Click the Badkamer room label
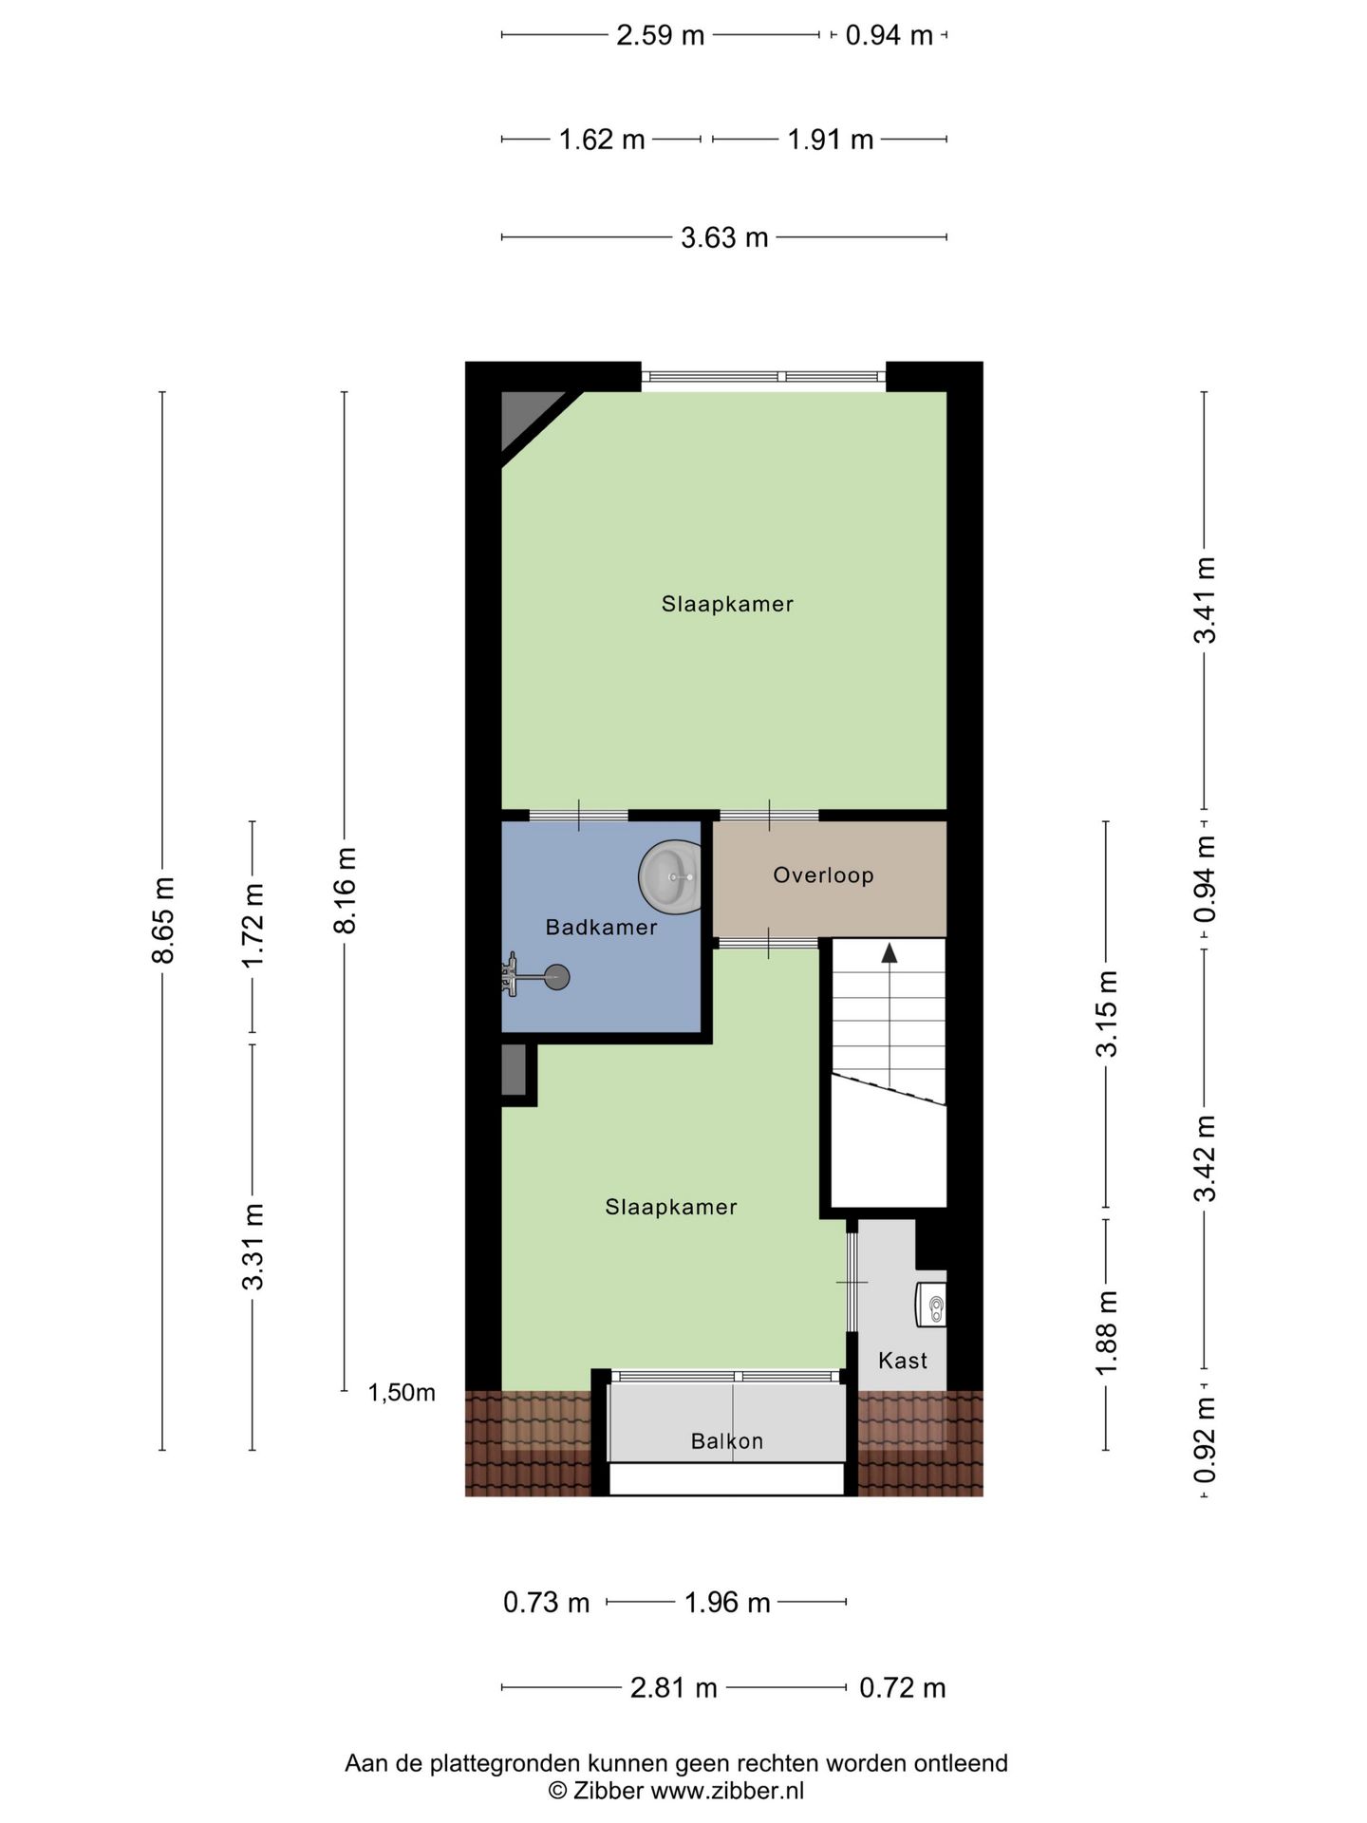601,928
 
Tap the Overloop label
823,874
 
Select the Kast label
903,1361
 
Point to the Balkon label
727,1441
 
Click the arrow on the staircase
889,953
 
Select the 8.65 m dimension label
163,921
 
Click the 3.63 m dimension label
724,237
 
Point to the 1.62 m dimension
602,140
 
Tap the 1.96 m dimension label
727,1603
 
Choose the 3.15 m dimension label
1107,1013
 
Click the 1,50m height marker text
402,1393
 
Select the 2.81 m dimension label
674,1688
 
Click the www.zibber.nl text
727,1791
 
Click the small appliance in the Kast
931,1304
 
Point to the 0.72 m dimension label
903,1688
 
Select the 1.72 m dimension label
253,926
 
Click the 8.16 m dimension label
346,891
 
